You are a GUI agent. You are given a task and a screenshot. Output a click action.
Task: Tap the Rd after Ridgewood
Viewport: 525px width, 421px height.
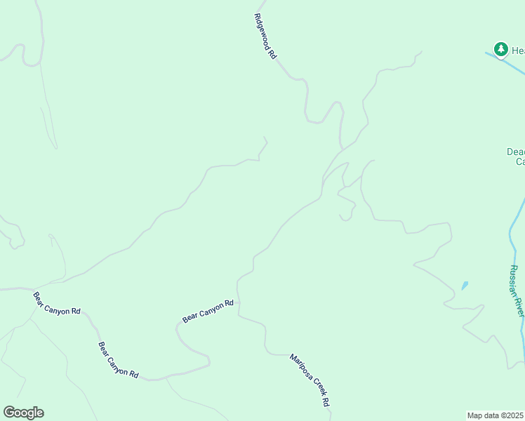[x=272, y=53]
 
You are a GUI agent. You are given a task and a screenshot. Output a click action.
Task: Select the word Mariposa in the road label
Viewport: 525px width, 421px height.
[x=300, y=368]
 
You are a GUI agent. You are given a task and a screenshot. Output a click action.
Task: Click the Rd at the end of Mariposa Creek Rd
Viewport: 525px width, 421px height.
[x=326, y=403]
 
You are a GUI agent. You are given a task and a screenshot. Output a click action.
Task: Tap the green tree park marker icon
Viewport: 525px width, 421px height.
[x=500, y=49]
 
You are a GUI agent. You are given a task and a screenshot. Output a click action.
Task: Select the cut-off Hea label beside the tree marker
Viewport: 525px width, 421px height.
[x=517, y=51]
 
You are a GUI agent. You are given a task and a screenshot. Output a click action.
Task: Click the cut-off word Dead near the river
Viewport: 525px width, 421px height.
[x=516, y=152]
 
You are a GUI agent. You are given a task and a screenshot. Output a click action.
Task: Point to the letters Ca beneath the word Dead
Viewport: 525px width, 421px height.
[x=520, y=162]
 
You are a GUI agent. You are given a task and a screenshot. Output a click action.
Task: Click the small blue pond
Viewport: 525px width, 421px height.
[x=464, y=286]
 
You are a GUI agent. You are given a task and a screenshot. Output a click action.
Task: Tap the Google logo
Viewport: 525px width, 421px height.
[x=23, y=413]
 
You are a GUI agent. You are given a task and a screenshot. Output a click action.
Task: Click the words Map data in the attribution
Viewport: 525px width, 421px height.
[x=483, y=415]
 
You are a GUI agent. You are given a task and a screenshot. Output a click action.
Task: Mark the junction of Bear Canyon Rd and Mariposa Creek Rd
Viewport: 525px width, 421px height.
[x=238, y=302]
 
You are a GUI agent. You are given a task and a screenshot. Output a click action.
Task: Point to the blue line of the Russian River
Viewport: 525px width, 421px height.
[x=510, y=232]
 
